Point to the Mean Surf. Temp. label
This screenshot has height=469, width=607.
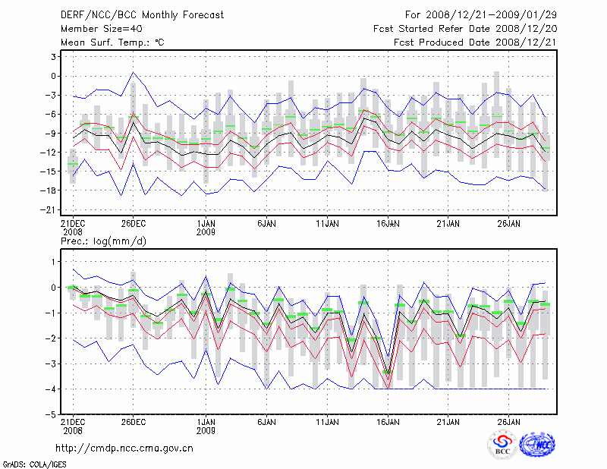tap(112, 42)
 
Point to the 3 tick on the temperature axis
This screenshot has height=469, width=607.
tap(53, 57)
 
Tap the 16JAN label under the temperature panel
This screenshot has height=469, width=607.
tap(388, 224)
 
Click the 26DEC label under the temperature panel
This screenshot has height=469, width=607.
tap(134, 224)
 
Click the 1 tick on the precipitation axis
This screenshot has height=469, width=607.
tap(53, 262)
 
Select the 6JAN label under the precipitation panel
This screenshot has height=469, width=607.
tap(266, 420)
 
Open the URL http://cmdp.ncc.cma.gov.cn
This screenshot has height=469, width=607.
tap(124, 448)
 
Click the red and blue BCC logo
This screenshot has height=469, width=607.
tap(502, 446)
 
